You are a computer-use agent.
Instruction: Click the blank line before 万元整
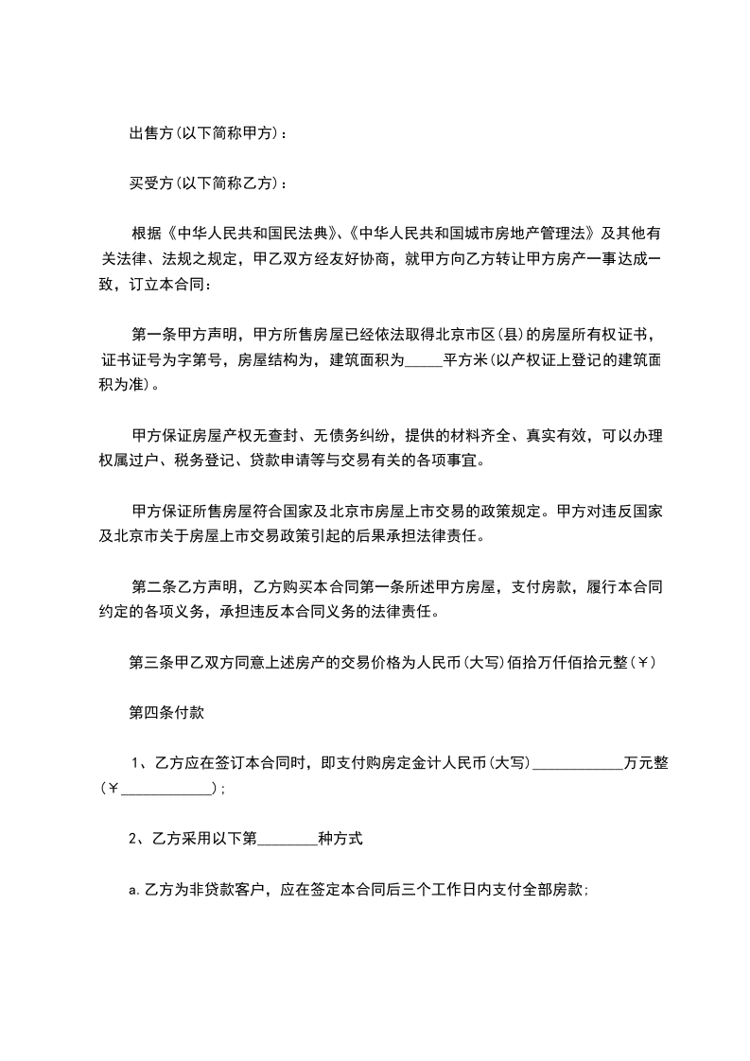pyautogui.click(x=578, y=764)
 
